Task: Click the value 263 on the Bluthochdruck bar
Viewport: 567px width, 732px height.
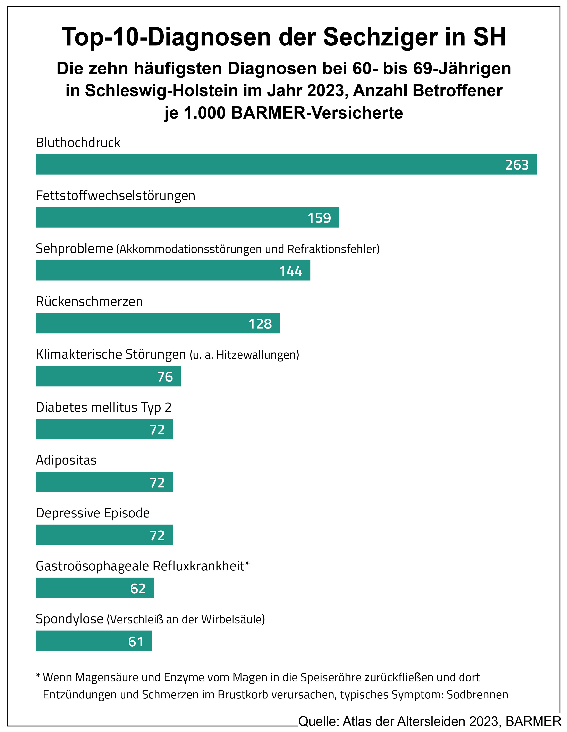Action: [x=517, y=165]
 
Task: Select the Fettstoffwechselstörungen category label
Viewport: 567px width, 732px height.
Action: [x=115, y=195]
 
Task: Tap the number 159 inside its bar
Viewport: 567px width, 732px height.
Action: [x=319, y=218]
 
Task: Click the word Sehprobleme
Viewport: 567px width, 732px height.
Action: [x=74, y=249]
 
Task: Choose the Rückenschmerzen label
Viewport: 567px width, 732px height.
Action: [x=89, y=301]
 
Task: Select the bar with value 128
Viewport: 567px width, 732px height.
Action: [x=158, y=323]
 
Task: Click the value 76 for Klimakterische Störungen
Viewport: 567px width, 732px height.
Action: [x=165, y=377]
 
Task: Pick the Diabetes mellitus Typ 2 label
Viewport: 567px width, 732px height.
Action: [x=104, y=407]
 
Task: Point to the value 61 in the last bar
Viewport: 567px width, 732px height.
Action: [x=136, y=641]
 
